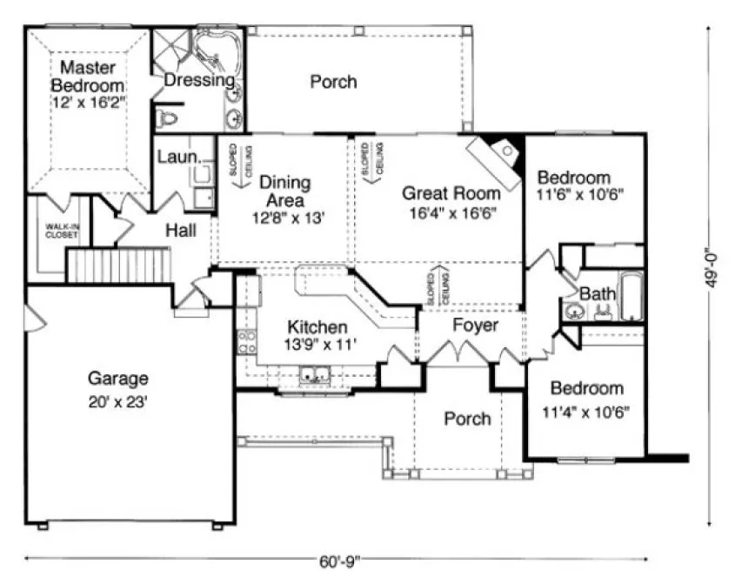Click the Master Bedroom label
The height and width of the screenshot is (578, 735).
pos(87,76)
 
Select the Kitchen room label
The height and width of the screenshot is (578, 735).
pos(317,327)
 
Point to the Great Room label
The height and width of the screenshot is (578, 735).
pos(451,193)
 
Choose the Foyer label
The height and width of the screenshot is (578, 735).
pos(475,326)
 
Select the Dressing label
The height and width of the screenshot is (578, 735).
pos(199,80)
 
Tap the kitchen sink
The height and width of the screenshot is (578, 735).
pos(313,376)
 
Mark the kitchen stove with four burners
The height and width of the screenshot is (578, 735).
pos(246,340)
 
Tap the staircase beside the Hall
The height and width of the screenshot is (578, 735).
pos(117,265)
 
